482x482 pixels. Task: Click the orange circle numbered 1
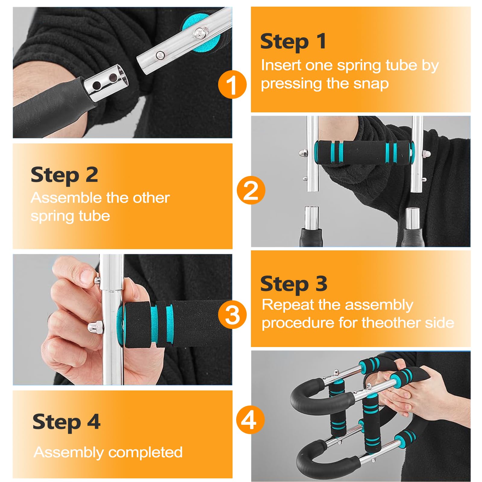pos(232,84)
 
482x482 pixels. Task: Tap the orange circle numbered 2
pos(251,190)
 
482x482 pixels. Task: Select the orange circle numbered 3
pos(232,315)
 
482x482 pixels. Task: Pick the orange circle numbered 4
pos(250,420)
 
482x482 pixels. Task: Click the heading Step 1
pos(293,41)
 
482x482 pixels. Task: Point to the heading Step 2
pos(64,175)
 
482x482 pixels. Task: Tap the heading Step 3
pos(294,284)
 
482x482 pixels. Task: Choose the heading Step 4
pos(66,422)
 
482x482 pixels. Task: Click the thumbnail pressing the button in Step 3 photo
pos(87,275)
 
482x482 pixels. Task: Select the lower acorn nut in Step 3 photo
pos(95,327)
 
